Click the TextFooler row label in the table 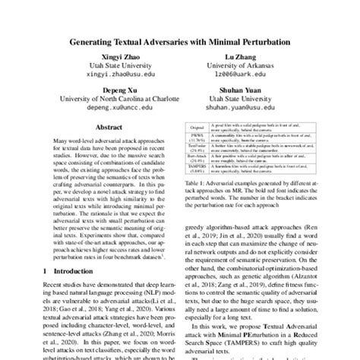click(x=197, y=175)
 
